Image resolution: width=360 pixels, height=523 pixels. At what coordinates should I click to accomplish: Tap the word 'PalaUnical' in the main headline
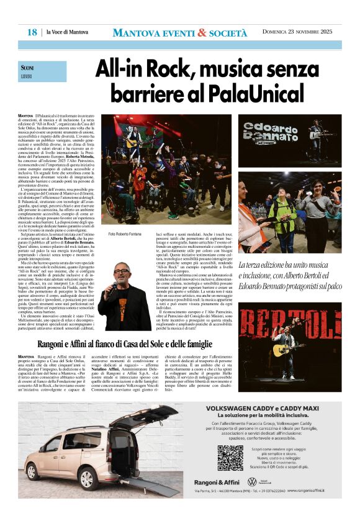[254, 93]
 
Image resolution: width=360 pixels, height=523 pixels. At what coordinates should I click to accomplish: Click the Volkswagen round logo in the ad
[252, 482]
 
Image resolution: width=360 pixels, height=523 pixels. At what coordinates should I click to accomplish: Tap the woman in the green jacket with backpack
[282, 217]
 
